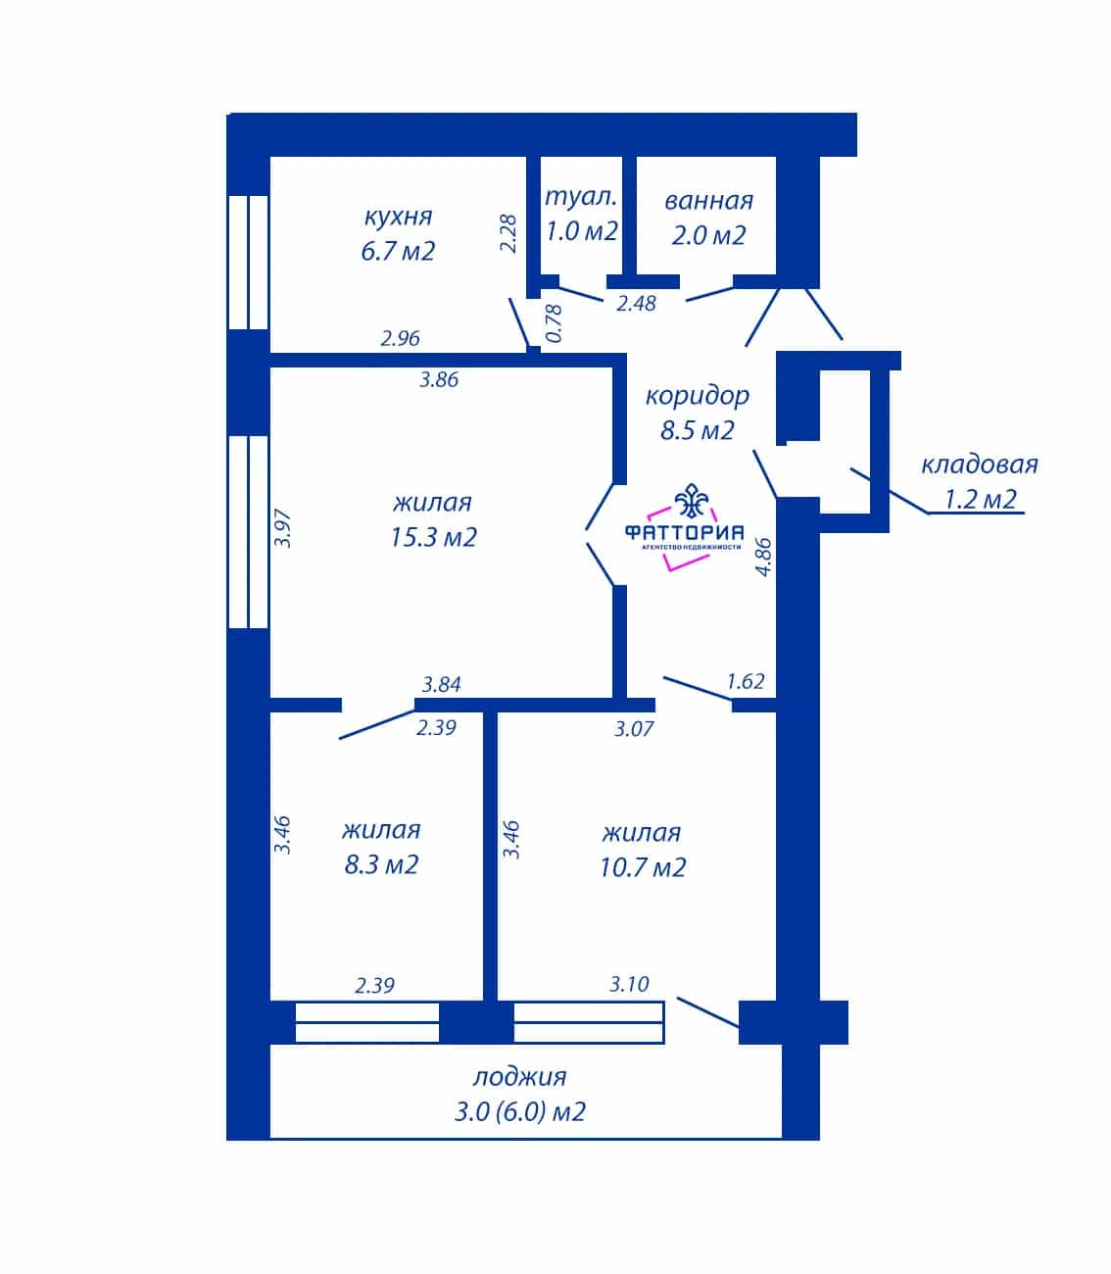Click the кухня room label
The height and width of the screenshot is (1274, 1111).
398,218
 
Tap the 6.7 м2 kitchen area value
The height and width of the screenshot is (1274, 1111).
398,252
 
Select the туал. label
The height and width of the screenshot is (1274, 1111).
581,197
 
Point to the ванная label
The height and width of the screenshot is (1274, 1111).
708,201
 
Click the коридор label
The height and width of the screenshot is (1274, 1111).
698,397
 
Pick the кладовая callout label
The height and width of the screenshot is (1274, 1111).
980,465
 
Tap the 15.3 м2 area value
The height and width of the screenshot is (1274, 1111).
433,537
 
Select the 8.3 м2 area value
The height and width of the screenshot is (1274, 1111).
381,864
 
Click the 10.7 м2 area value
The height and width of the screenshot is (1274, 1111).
643,867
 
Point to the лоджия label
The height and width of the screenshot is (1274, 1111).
519,1077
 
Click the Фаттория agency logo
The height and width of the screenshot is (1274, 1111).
684,527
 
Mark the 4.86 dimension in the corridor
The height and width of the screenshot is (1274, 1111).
763,558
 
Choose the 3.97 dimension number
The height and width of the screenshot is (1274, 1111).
282,528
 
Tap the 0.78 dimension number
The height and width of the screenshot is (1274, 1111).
554,323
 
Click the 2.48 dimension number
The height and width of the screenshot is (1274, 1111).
636,303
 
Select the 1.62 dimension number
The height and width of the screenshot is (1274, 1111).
746,682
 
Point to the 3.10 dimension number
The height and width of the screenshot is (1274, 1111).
629,985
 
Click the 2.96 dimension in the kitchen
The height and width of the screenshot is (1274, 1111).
400,338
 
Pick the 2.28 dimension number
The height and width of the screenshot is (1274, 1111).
508,233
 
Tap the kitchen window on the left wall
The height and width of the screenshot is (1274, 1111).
248,262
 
